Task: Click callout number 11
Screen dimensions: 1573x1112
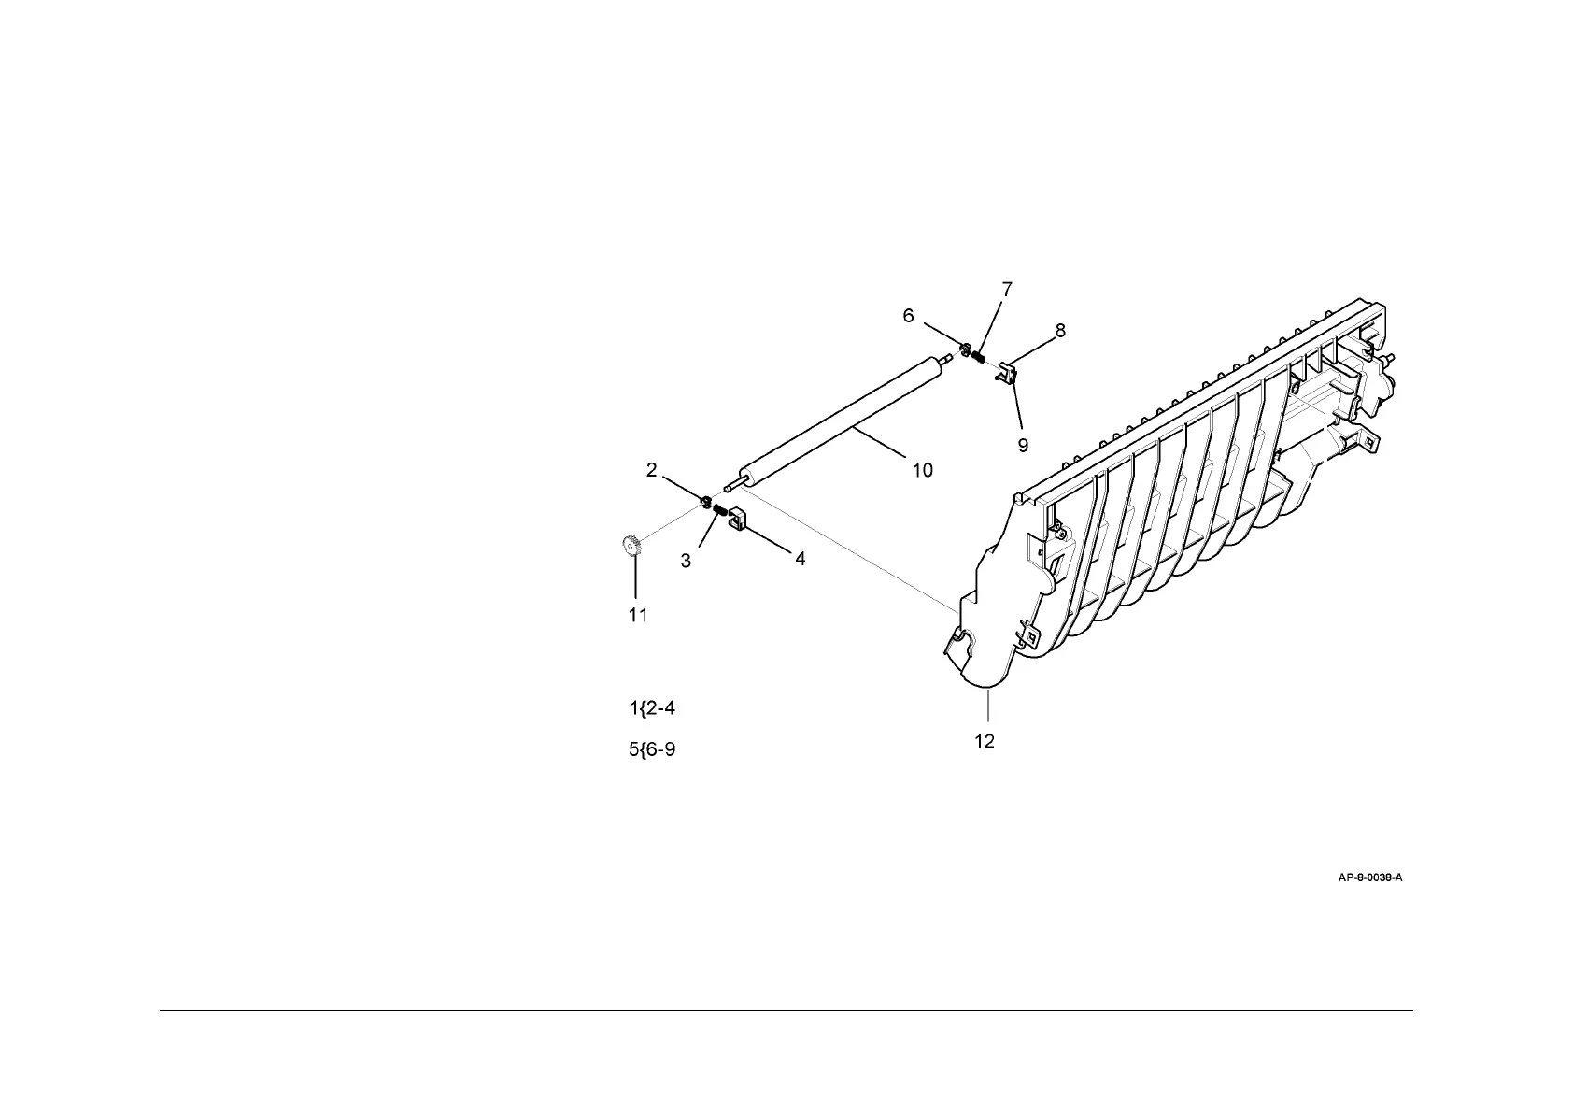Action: point(638,615)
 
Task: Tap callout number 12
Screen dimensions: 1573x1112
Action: point(985,741)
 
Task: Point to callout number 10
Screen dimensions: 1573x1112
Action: point(922,470)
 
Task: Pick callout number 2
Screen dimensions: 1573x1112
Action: point(652,470)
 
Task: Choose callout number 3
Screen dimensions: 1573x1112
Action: point(687,561)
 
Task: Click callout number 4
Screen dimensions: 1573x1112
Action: point(800,559)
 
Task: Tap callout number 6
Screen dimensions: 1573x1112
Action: point(908,316)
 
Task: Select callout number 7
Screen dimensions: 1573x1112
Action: point(1007,290)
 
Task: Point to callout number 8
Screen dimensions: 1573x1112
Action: point(1060,330)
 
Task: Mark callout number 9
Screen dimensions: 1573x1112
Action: point(1023,446)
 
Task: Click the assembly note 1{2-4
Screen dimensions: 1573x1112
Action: point(652,708)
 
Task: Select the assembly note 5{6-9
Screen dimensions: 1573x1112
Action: point(652,749)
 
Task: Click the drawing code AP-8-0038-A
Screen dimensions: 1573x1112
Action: point(1370,877)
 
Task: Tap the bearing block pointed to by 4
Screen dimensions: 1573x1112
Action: point(734,519)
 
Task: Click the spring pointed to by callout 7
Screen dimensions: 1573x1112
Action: point(978,356)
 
